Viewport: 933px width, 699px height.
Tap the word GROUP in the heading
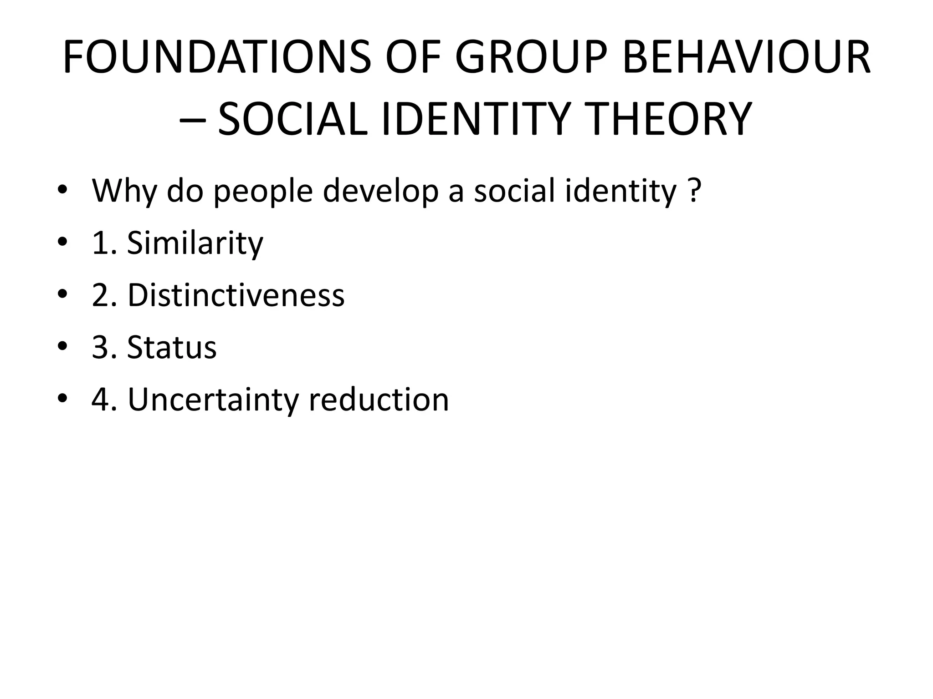click(x=531, y=58)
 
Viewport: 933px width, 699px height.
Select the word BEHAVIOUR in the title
click(x=746, y=58)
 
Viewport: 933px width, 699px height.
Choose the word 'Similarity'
click(x=195, y=243)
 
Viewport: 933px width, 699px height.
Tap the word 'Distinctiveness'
click(x=236, y=295)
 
